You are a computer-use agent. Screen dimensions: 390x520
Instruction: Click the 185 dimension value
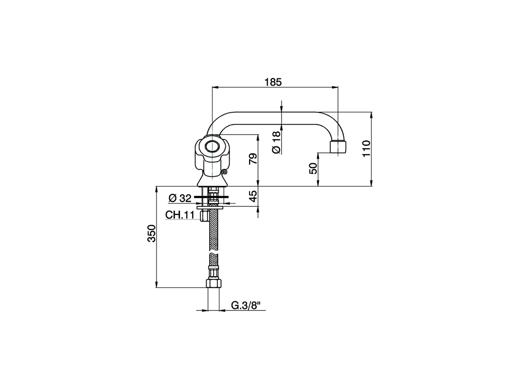tap(273, 82)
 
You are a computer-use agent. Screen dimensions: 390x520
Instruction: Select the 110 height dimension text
tap(366, 149)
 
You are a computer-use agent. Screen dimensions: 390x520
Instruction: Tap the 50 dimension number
tap(313, 168)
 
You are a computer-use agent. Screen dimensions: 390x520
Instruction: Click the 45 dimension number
tap(253, 197)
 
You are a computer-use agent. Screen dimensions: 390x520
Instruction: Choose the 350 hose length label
tap(151, 233)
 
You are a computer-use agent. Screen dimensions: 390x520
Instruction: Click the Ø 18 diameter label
tap(276, 142)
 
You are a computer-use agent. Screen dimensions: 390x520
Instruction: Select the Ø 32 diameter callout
tap(180, 198)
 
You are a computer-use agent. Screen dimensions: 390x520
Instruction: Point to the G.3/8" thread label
tap(246, 305)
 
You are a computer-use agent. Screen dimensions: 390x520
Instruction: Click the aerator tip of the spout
tap(338, 147)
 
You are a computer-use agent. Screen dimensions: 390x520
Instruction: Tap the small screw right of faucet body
tap(224, 173)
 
